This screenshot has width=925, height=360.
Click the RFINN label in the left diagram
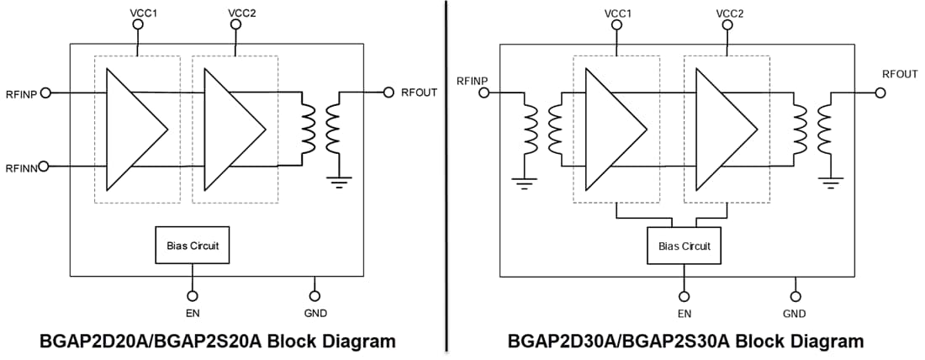pos(21,168)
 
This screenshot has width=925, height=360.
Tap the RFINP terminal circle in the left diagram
pos(46,93)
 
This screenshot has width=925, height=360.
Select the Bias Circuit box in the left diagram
pos(193,246)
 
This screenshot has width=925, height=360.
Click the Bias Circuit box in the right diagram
pos(684,246)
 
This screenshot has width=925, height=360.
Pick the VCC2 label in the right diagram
pos(729,12)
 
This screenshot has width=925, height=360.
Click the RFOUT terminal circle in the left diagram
pos(388,92)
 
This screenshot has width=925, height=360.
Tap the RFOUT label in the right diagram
pos(899,74)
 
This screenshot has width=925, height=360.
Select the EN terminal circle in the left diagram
pos(193,295)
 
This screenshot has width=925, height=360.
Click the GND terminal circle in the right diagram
pos(795,295)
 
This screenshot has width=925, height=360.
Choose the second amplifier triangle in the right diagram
pos(725,130)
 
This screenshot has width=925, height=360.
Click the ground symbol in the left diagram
pos(340,182)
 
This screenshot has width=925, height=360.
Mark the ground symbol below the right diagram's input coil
pos(526,182)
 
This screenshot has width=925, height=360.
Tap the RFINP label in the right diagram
pos(473,81)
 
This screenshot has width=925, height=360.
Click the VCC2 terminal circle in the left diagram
pos(235,24)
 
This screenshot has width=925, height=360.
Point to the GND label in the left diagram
pos(315,314)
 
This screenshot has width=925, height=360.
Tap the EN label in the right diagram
pos(684,314)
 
